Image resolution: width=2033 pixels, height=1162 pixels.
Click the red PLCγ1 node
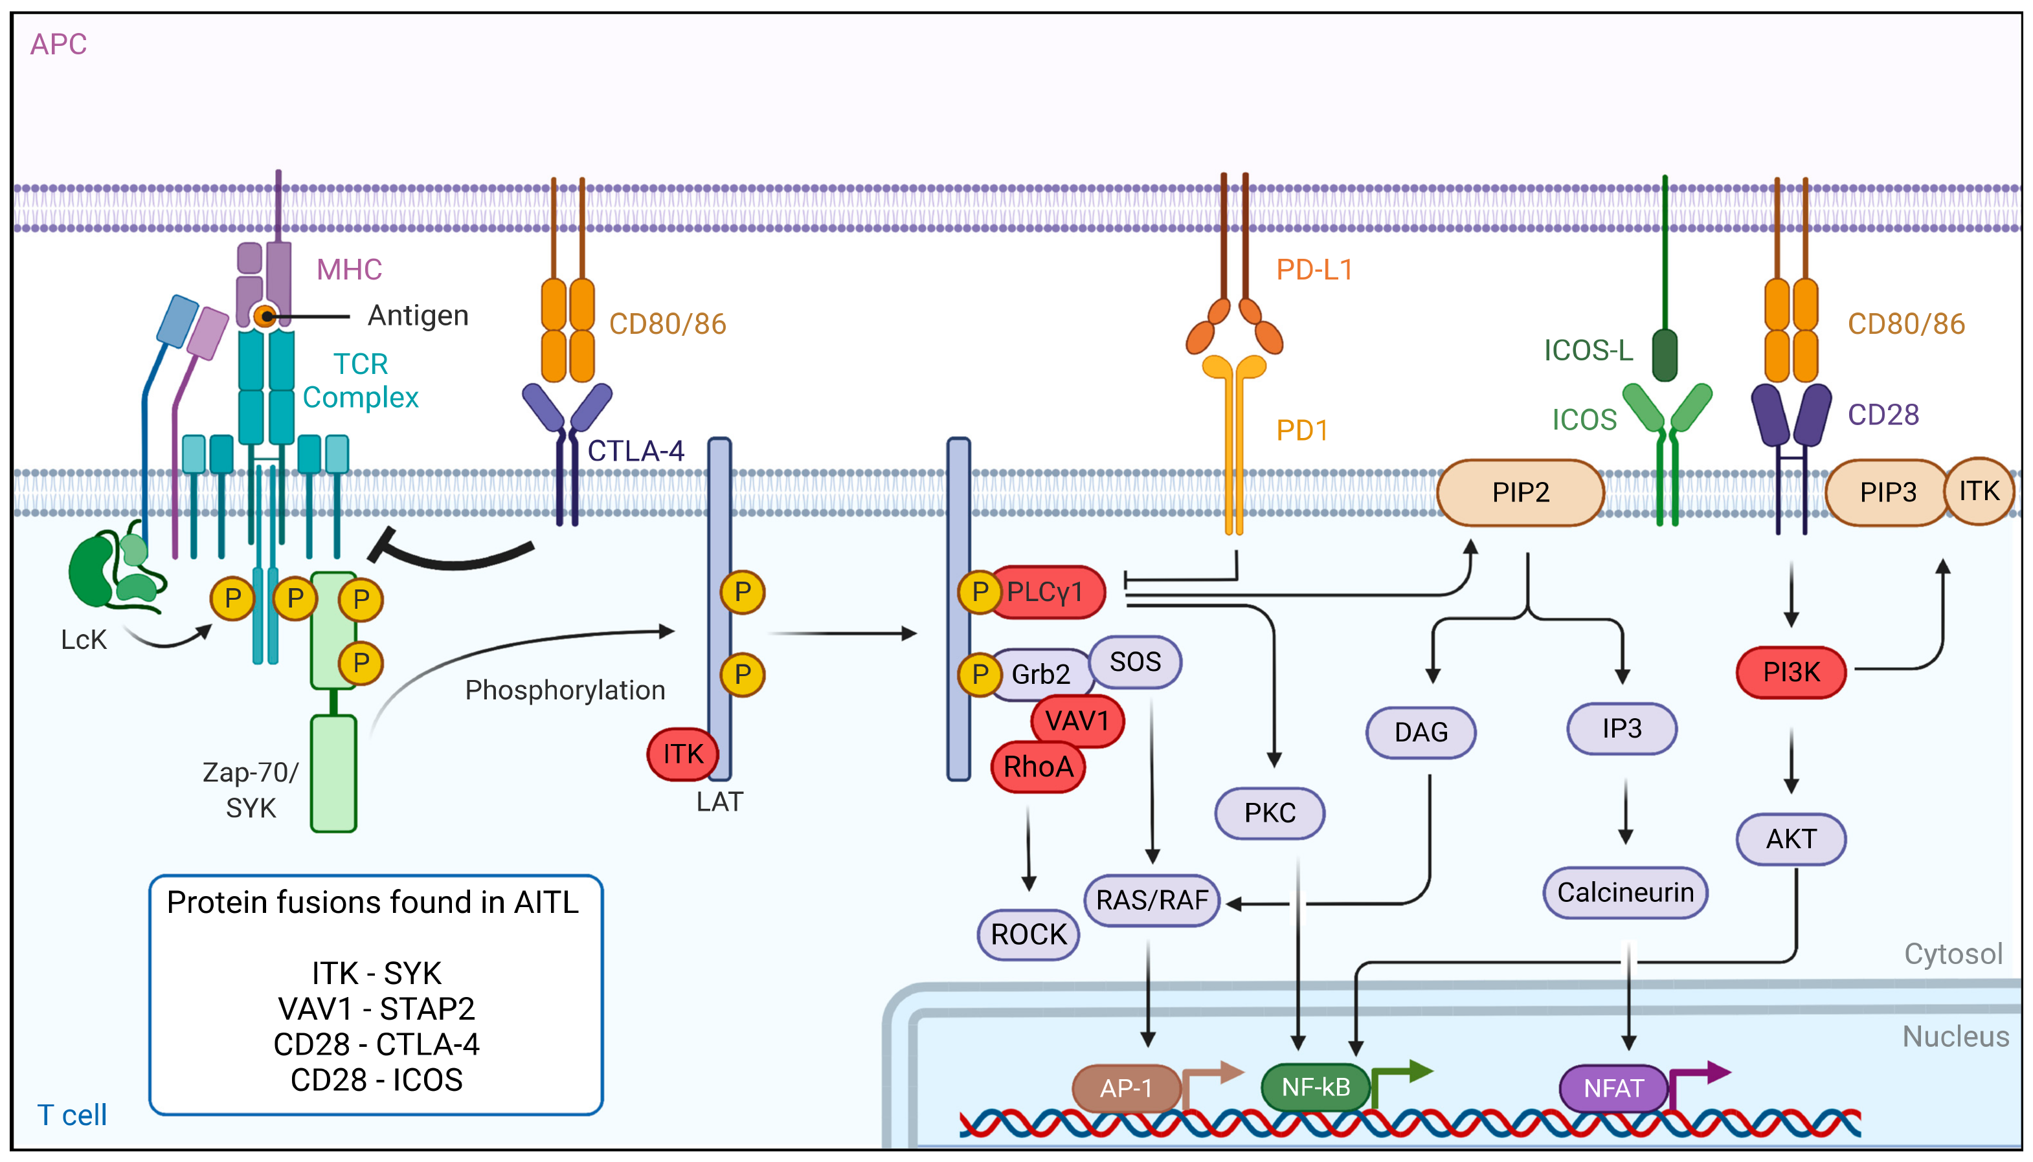coord(1046,592)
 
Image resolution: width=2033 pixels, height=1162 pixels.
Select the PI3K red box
coord(1791,672)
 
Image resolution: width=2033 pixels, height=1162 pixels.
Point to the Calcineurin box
coord(1625,892)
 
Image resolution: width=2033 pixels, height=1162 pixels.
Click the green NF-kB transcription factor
coord(1315,1087)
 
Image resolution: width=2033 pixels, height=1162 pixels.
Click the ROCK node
coord(1028,934)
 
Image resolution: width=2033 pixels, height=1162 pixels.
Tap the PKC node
coord(1270,813)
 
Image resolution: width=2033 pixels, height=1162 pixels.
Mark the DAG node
coord(1421,732)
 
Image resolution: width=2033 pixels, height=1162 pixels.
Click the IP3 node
coord(1622,728)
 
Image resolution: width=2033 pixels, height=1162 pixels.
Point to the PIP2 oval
coord(1520,492)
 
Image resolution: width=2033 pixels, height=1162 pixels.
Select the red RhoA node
coord(1038,767)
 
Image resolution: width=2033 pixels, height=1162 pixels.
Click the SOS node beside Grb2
coord(1135,662)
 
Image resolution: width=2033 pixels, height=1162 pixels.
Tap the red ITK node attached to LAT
coord(682,754)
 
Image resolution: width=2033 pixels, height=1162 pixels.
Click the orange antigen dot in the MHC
coord(265,317)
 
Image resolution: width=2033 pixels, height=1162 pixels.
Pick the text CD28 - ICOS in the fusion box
coord(376,1080)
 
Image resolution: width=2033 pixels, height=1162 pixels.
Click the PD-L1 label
coord(1314,270)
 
